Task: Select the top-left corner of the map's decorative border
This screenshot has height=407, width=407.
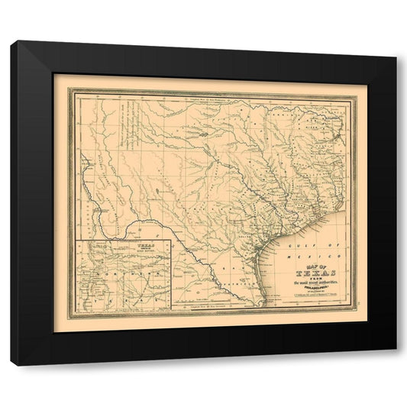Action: [x=68, y=88]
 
